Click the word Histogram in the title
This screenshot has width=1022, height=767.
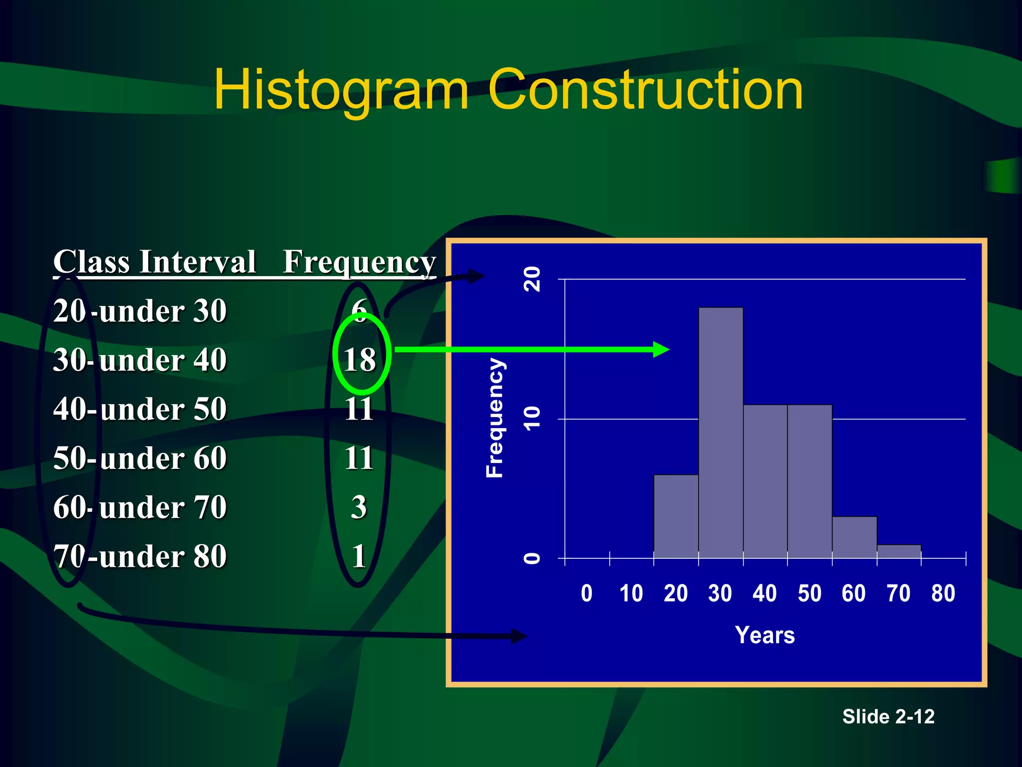(x=341, y=90)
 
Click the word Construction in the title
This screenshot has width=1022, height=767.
(x=645, y=89)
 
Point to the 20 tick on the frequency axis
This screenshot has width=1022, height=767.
(x=532, y=279)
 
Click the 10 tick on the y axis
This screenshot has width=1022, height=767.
(x=532, y=418)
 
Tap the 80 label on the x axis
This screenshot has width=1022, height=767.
(x=943, y=594)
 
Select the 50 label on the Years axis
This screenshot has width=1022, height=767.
(x=809, y=594)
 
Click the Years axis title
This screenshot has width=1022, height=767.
(x=765, y=635)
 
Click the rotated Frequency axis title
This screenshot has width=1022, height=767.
(x=495, y=418)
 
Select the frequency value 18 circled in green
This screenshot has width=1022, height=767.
(x=360, y=359)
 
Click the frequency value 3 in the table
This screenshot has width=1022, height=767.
(x=359, y=507)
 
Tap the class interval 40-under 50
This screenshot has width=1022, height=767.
(x=140, y=408)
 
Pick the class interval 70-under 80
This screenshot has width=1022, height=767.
(x=140, y=556)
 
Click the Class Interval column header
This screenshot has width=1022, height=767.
(x=155, y=261)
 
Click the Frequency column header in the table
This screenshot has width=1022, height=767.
(x=359, y=262)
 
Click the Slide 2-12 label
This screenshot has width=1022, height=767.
(x=888, y=717)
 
